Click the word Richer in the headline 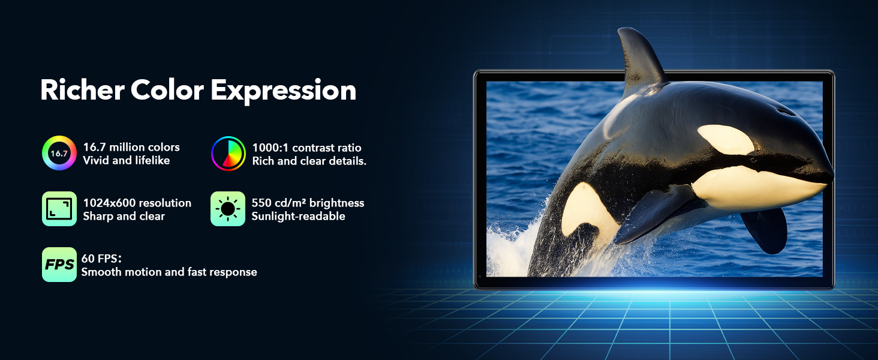tap(82, 90)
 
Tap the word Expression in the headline tap(284, 91)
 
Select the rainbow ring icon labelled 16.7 tap(59, 153)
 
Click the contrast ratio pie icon tap(228, 154)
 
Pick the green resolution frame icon tap(59, 209)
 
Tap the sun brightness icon tap(228, 209)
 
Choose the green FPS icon tap(59, 265)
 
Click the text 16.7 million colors tap(131, 147)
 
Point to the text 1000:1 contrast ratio tap(306, 148)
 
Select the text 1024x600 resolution tap(137, 203)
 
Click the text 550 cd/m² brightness tap(308, 203)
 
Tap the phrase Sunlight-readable tap(298, 216)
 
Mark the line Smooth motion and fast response tap(169, 272)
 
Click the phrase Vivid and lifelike tap(126, 160)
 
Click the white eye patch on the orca tap(725, 139)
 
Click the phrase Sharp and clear tap(124, 216)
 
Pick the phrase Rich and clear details tap(309, 161)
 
